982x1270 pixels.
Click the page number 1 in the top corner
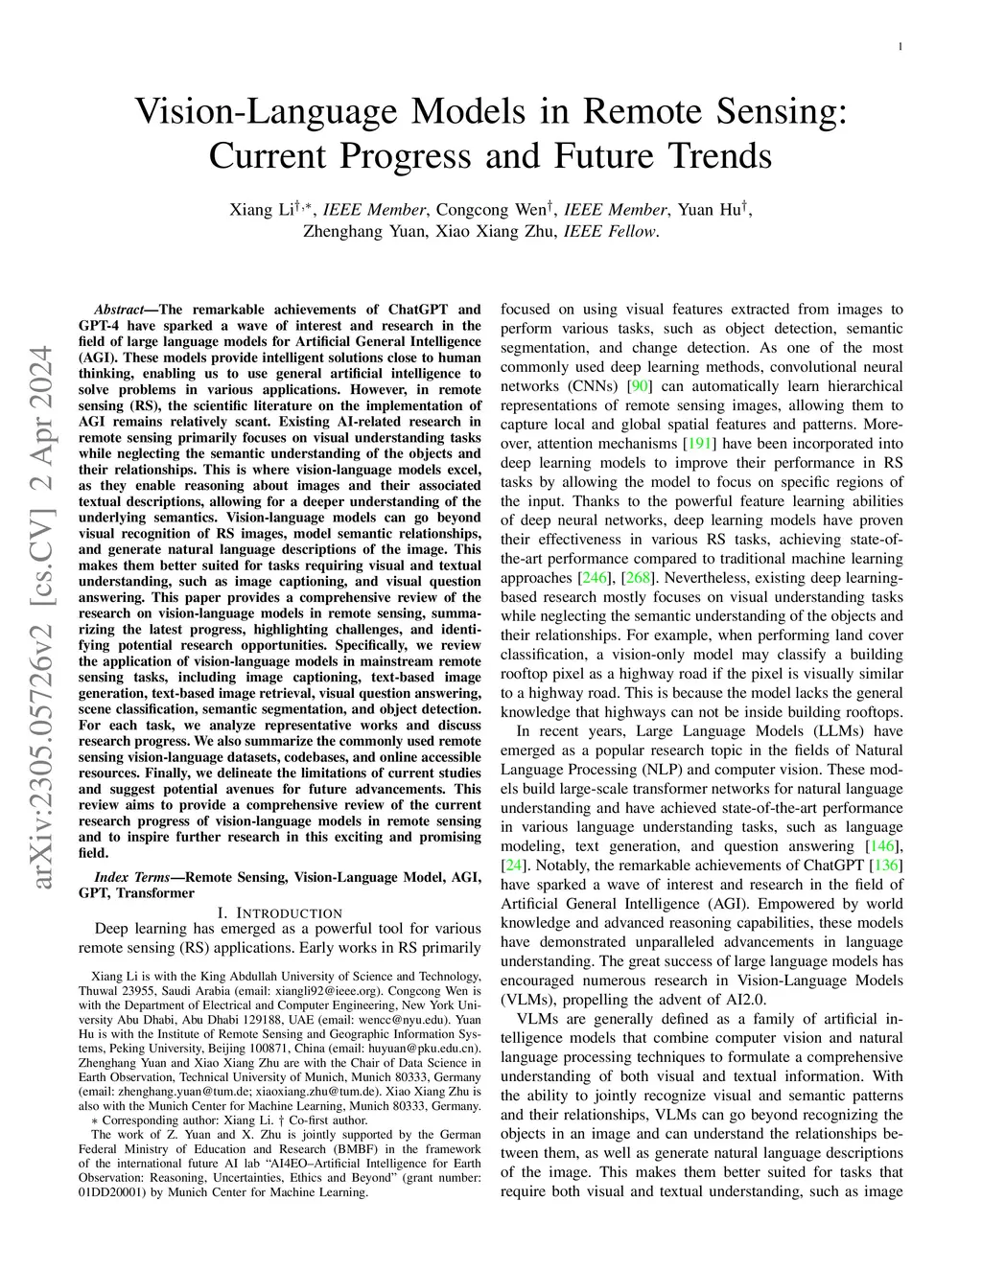pyautogui.click(x=901, y=45)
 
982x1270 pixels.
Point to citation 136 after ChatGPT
pyautogui.click(x=884, y=866)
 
